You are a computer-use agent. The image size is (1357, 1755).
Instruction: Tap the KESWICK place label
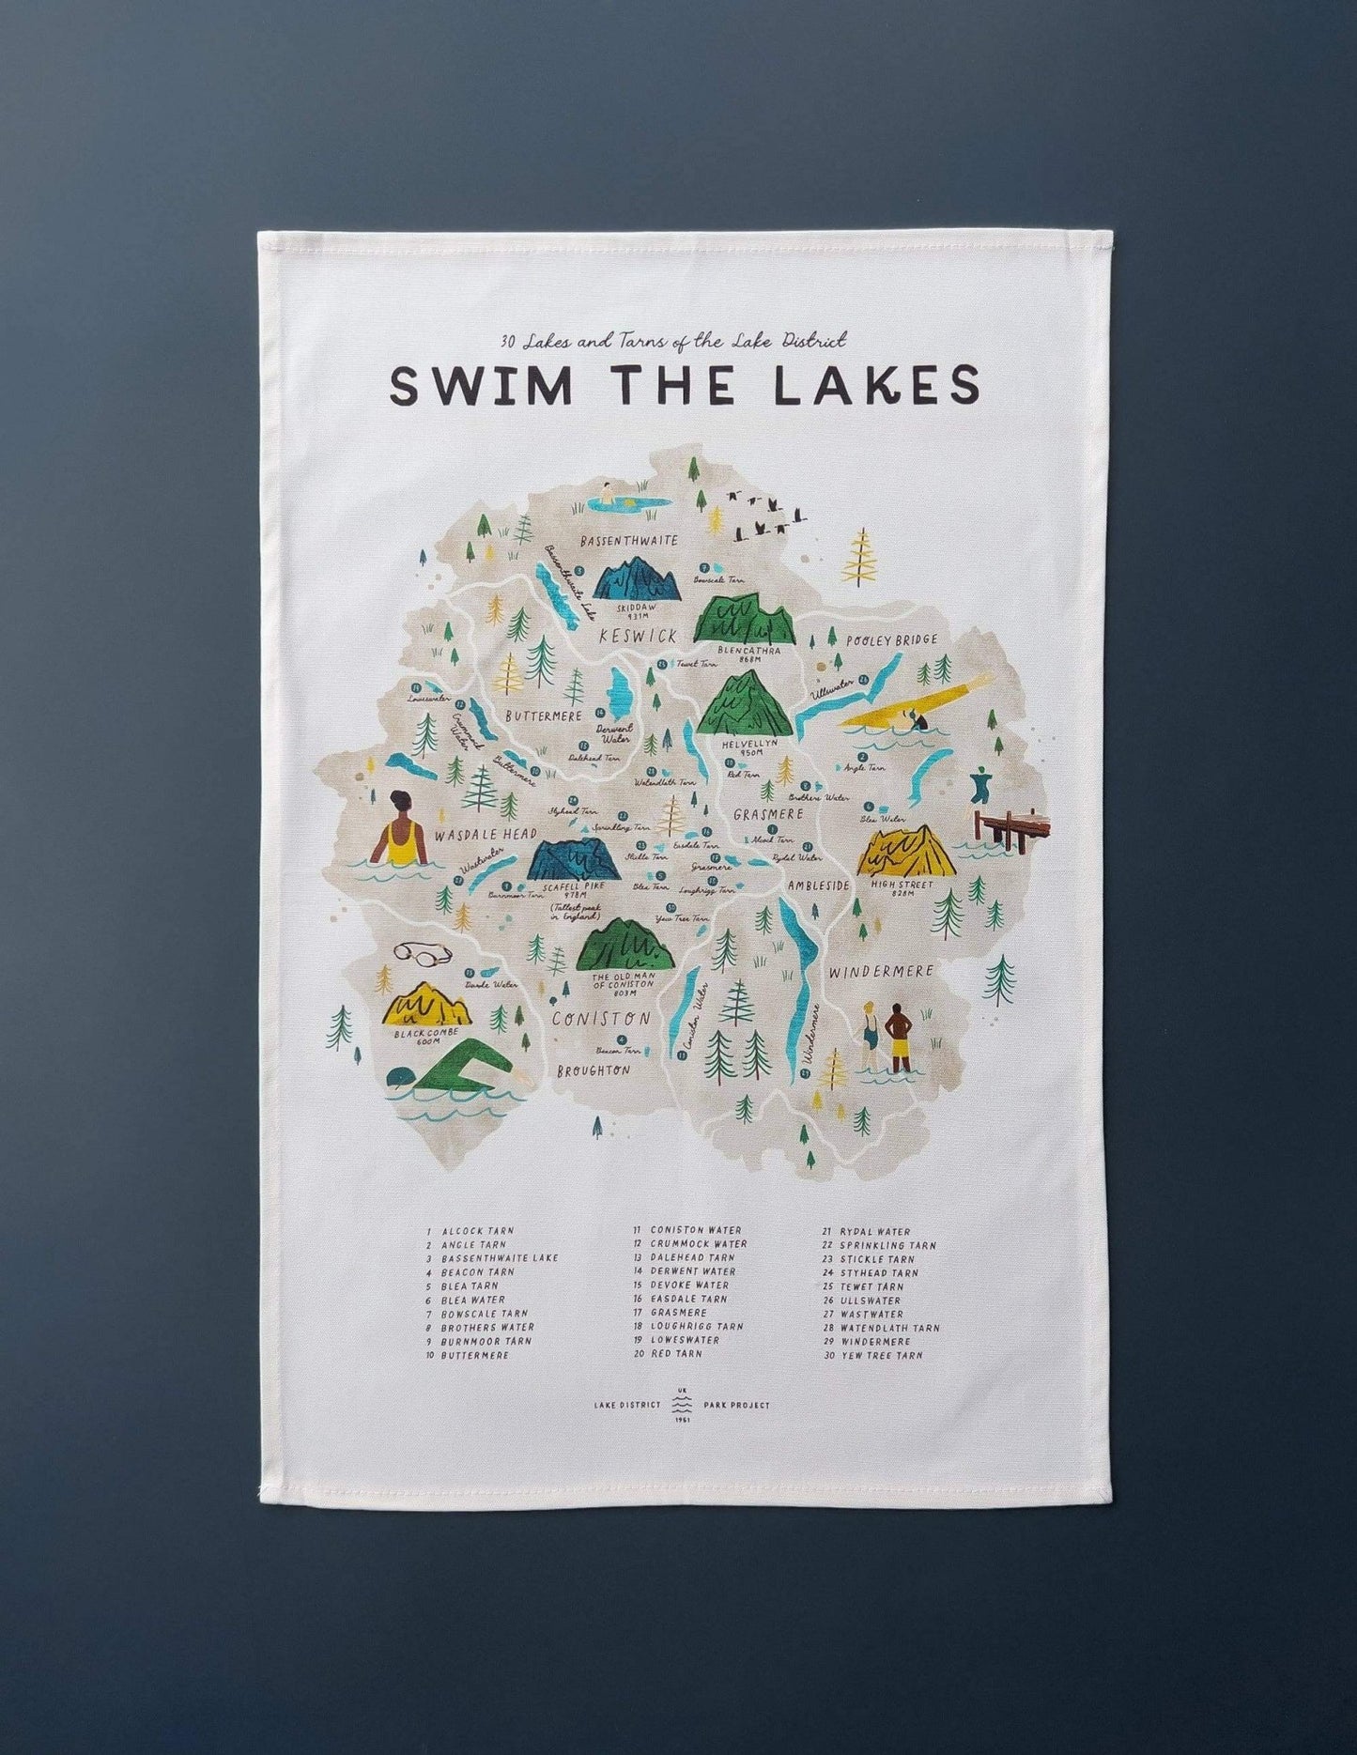click(639, 637)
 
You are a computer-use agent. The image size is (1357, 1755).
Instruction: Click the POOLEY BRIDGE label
click(890, 640)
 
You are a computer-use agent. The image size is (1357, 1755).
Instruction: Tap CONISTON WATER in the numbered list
click(695, 1230)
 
